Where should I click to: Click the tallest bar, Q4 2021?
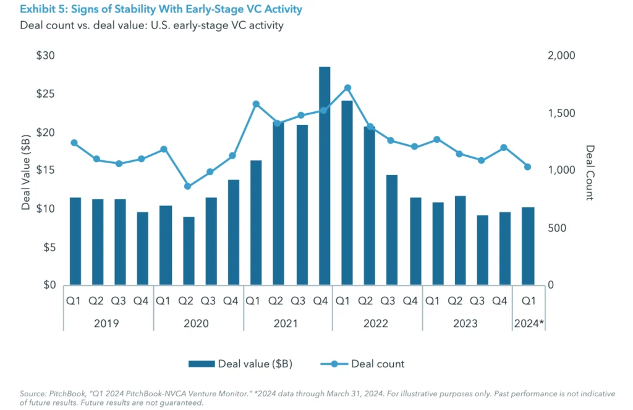pos(325,176)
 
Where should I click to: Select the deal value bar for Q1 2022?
pos(347,193)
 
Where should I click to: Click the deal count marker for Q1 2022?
pos(347,88)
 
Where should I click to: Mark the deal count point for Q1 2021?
pos(256,104)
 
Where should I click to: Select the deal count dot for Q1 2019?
pos(74,143)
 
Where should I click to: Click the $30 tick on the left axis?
pos(46,56)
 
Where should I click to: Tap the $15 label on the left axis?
pos(46,171)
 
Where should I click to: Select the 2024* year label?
pos(529,323)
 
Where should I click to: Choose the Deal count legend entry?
pos(378,364)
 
